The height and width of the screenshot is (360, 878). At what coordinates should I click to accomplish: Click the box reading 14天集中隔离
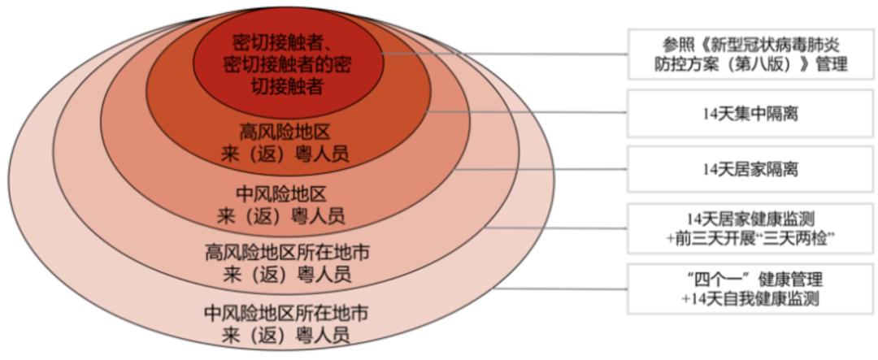coord(750,113)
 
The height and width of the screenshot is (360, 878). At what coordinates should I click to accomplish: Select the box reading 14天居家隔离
coord(750,170)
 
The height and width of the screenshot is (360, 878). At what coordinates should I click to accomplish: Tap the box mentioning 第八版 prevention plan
coord(750,54)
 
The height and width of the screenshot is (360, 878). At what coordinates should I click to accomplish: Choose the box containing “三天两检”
coord(750,228)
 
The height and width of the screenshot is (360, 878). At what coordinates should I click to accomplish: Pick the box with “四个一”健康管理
coord(750,288)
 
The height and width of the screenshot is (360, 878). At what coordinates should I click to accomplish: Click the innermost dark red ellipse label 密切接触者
coord(289,64)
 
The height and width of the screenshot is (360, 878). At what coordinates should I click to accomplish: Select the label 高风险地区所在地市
coord(287,254)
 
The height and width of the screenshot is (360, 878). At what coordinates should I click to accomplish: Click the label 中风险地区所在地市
coord(286,313)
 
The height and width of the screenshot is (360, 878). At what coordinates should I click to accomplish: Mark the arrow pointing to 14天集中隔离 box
coord(527,111)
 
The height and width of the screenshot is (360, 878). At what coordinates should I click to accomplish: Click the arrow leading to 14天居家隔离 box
coord(542,168)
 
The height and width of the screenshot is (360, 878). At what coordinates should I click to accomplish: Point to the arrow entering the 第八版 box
coord(505,54)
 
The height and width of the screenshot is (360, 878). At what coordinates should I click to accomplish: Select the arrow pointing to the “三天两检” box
coord(555,228)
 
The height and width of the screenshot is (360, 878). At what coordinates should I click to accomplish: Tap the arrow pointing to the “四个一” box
coord(561,289)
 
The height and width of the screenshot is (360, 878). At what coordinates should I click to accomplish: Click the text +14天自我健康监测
coord(750,299)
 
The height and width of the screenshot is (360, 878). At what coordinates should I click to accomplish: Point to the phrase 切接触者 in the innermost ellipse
coord(289,87)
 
